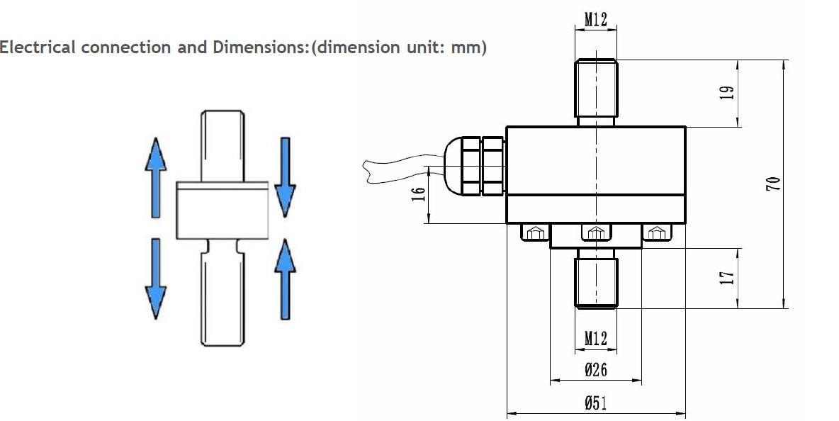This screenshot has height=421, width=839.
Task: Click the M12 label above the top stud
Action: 595,20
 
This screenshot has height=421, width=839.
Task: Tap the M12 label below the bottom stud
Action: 595,339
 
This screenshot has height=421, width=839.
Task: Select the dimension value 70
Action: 773,184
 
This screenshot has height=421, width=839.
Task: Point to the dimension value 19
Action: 727,93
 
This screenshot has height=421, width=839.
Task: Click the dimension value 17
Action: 727,278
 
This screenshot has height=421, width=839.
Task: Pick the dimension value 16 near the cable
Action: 419,193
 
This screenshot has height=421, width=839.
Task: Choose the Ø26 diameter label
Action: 595,370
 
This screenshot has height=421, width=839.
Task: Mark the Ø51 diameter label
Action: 595,403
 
